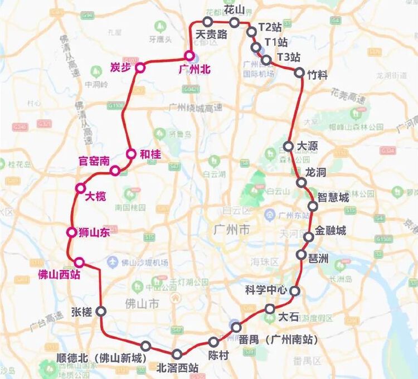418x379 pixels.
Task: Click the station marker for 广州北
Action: (x=189, y=56)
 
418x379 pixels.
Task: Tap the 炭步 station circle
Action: (x=140, y=67)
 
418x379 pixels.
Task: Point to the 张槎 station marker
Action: (x=101, y=311)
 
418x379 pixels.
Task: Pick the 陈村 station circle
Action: (x=213, y=342)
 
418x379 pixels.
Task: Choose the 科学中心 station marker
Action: (x=295, y=290)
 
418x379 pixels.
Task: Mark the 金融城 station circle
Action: (x=308, y=237)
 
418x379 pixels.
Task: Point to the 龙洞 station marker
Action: (x=301, y=182)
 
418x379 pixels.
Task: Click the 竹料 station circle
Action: (x=299, y=72)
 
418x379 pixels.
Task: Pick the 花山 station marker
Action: (x=235, y=22)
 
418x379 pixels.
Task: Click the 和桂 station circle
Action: (x=131, y=154)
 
